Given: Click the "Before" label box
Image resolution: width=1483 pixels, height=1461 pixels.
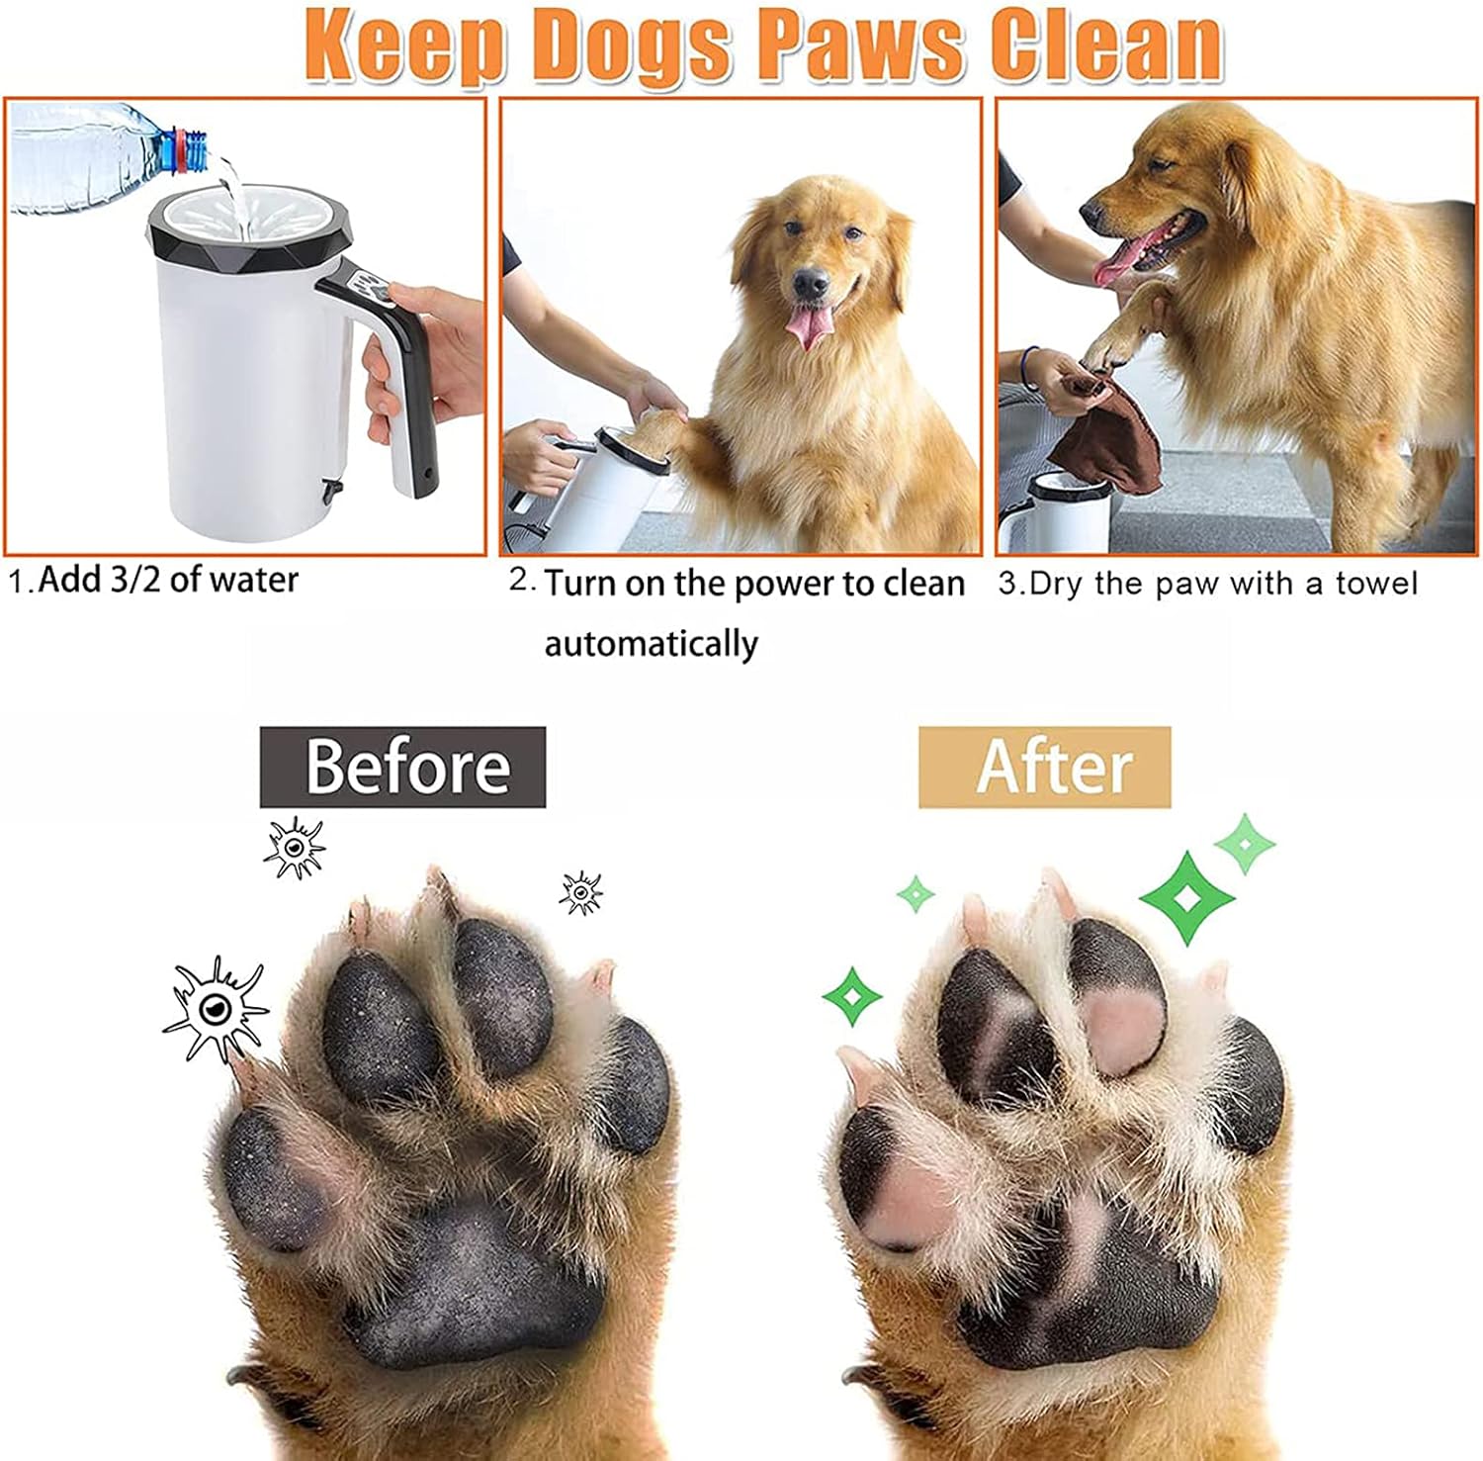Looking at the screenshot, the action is [x=402, y=767].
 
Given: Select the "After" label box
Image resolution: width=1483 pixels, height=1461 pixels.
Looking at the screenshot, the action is [x=1045, y=767].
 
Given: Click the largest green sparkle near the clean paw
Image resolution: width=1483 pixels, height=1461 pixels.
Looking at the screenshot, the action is [x=1186, y=896].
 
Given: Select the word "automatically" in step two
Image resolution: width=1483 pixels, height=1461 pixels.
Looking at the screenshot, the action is [x=652, y=644].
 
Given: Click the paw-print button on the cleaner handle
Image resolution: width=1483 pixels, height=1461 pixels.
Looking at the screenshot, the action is [x=376, y=289].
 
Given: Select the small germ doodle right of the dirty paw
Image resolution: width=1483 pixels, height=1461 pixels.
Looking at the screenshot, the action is [x=580, y=893].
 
